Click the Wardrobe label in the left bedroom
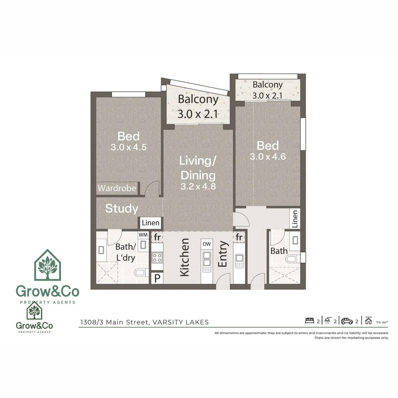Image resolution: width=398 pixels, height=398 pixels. pyautogui.click(x=117, y=188)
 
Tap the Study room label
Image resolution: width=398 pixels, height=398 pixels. pyautogui.click(x=122, y=209)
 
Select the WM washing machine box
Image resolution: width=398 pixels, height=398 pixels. pyautogui.click(x=143, y=235)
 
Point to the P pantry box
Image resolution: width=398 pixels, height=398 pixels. pyautogui.click(x=157, y=278)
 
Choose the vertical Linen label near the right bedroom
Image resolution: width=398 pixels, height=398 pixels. pyautogui.click(x=294, y=219)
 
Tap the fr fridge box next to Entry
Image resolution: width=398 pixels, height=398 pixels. pyautogui.click(x=239, y=237)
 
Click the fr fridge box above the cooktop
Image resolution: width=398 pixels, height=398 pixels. pyautogui.click(x=157, y=237)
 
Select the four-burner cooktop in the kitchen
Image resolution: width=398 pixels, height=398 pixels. pyautogui.click(x=157, y=257)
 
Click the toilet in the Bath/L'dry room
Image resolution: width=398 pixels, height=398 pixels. pyautogui.click(x=140, y=273)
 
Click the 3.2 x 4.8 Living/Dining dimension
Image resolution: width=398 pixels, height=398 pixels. pyautogui.click(x=198, y=186)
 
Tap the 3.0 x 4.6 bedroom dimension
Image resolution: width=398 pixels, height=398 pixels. pyautogui.click(x=268, y=157)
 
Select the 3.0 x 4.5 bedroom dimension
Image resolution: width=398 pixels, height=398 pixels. pyautogui.click(x=129, y=147)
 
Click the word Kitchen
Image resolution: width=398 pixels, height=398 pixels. pyautogui.click(x=185, y=257)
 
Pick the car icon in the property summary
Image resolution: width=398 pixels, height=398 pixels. pyautogui.click(x=347, y=321)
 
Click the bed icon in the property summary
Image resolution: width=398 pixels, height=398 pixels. pyautogui.click(x=310, y=321)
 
